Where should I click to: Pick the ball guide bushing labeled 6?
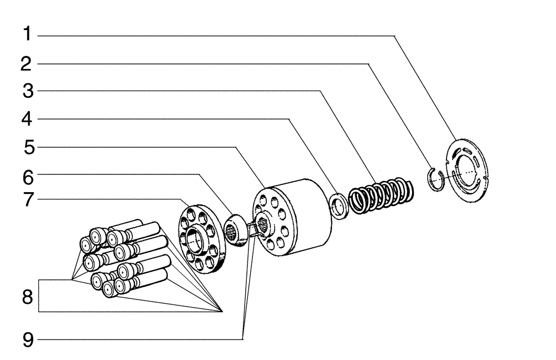coord(236,229)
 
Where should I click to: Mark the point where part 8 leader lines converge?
coord(222,312)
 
